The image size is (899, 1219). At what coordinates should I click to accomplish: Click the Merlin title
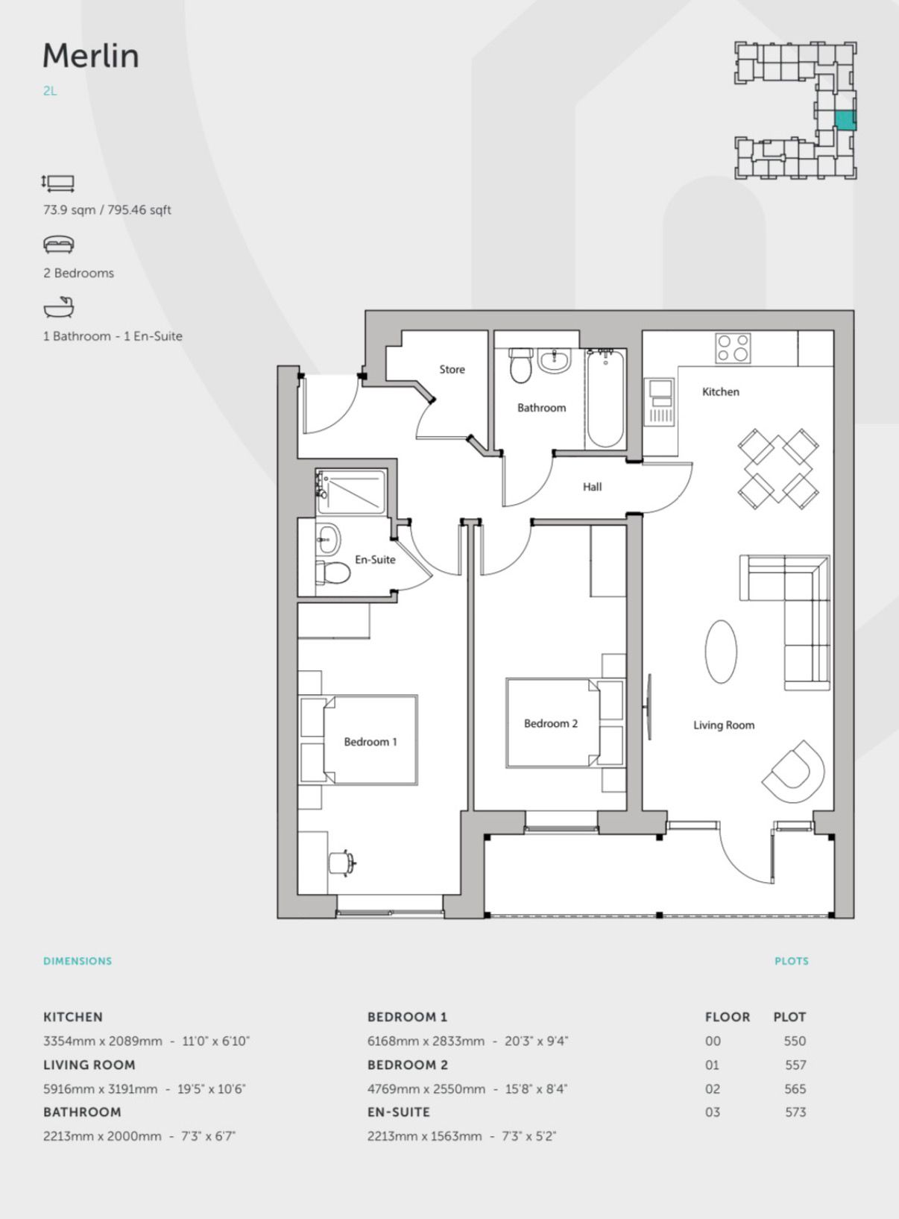pos(91,55)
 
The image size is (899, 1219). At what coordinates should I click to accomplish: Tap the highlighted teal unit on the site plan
pos(845,120)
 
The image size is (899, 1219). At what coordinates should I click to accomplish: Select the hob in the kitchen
pos(733,348)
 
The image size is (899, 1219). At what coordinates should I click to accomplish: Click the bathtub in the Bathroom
pos(605,399)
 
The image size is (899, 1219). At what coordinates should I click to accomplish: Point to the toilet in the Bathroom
pos(521,365)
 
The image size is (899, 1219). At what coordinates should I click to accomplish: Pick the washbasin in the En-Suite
pos(328,540)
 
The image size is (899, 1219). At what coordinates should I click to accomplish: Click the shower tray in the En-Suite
pos(351,492)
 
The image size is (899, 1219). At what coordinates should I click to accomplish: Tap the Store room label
pos(452,369)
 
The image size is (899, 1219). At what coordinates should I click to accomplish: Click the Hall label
pos(592,487)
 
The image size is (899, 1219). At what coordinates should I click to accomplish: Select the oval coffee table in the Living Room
pos(721,652)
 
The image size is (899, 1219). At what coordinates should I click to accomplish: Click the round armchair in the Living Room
pos(793,771)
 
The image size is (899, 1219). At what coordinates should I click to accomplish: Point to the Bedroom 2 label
pos(551,723)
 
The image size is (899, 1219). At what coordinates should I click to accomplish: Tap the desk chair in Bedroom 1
pos(341,863)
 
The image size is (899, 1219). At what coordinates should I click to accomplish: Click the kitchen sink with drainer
pos(660,402)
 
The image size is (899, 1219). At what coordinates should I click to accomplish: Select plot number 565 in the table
pos(795,1089)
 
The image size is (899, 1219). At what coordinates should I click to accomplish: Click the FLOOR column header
pos(728,1016)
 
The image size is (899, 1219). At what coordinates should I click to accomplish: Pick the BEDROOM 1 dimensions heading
pos(407,1016)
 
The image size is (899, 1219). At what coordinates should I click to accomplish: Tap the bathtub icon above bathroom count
pos(59,307)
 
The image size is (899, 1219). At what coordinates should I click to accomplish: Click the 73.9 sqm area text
pos(69,210)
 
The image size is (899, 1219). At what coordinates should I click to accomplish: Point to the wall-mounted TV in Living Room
pos(648,707)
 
